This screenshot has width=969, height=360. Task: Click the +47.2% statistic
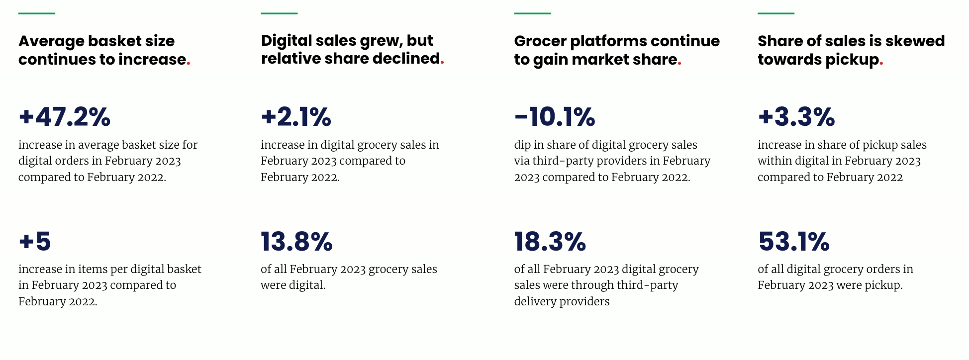pos(65,117)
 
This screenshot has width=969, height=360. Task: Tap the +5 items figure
pos(35,242)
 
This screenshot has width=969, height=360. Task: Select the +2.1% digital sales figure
pos(296,117)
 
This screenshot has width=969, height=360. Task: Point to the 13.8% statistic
pos(296,242)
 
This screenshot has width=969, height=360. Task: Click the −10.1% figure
pos(555,117)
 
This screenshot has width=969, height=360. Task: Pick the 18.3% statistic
pos(550,242)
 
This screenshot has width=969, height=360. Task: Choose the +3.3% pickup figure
pos(796,117)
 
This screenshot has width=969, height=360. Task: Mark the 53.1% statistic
pos(794,242)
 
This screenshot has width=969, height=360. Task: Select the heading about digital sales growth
pos(351,49)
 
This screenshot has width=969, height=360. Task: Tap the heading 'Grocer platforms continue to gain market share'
pos(616,50)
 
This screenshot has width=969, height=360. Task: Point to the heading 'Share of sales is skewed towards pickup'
pos(851,50)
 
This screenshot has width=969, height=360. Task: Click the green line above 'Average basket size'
pos(37,13)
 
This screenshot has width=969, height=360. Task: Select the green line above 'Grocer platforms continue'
pos(532,13)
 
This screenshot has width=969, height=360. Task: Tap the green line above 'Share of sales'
pos(776,13)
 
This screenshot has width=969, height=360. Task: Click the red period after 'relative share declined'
pos(442,62)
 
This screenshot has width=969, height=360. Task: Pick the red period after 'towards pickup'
pos(881,63)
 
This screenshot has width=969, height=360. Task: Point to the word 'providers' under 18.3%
pos(585,301)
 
